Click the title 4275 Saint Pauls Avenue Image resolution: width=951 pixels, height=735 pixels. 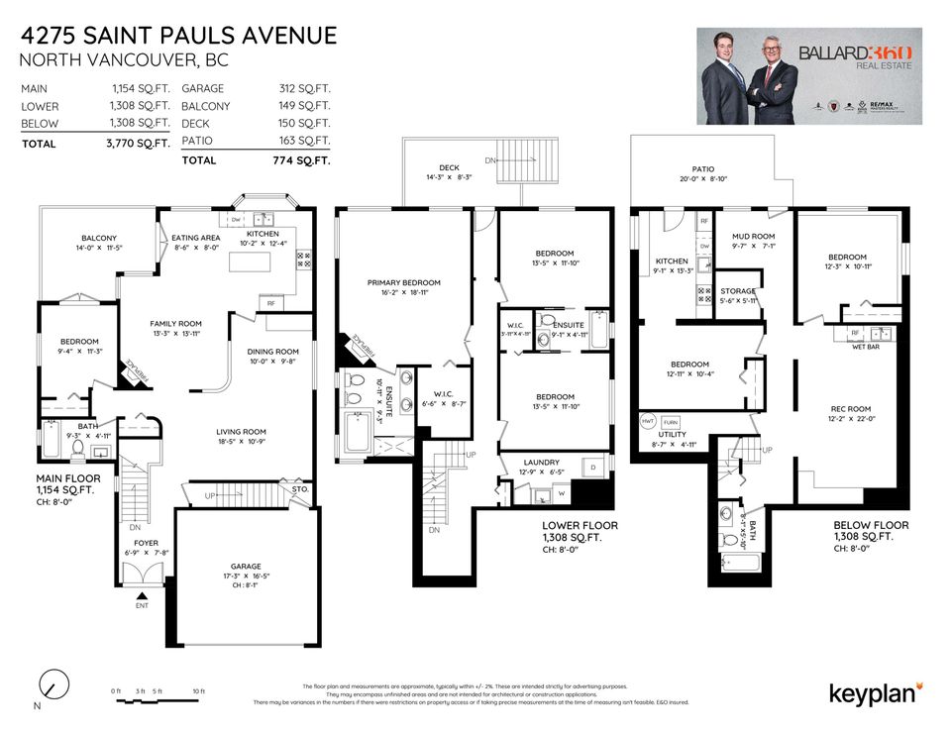(x=178, y=37)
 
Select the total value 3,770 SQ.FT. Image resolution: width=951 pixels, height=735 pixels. (x=140, y=144)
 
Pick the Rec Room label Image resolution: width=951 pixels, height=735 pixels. (x=851, y=409)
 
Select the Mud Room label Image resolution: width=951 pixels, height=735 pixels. (x=752, y=237)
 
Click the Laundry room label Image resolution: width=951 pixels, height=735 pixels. (x=541, y=462)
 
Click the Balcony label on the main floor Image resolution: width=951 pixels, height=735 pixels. (x=99, y=238)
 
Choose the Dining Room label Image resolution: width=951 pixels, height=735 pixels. (x=272, y=352)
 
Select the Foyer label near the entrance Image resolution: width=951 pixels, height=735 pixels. (x=133, y=542)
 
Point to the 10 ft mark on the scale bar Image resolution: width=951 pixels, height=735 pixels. (x=199, y=690)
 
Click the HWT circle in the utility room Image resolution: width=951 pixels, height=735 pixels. (x=649, y=419)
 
